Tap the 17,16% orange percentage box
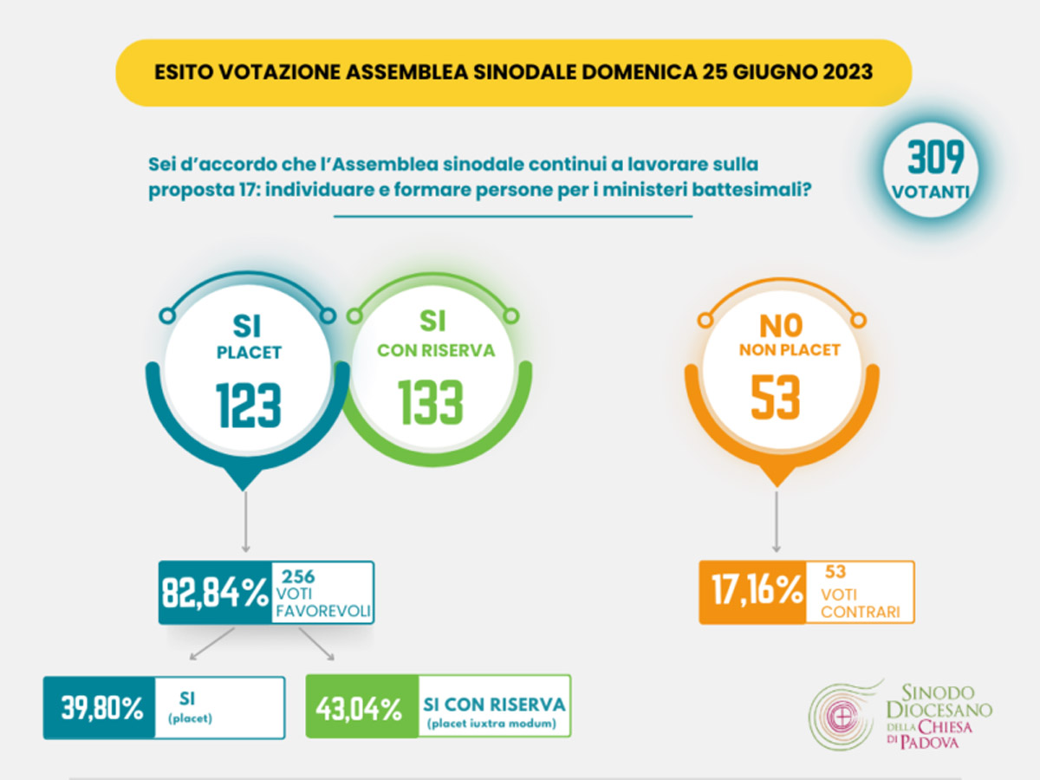[x=751, y=593]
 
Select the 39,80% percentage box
[x=101, y=708]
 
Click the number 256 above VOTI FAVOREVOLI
[x=298, y=575]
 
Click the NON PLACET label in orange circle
[x=777, y=350]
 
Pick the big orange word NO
[x=778, y=326]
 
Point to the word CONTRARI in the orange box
[x=857, y=611]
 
